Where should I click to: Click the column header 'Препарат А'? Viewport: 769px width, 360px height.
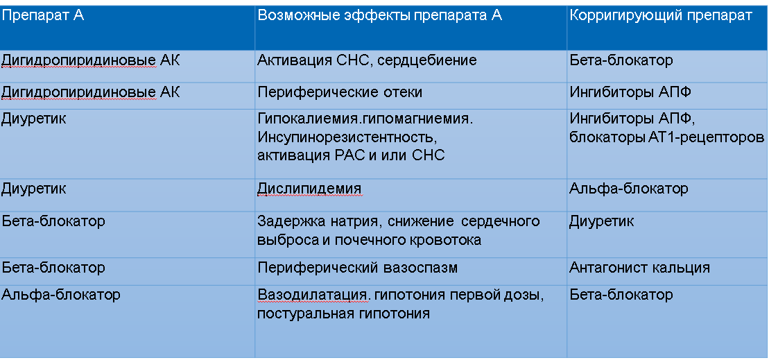(43, 15)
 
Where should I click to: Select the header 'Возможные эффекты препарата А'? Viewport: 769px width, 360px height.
(380, 16)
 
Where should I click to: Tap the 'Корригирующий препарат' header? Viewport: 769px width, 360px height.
(661, 16)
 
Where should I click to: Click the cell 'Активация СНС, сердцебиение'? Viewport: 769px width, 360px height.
(367, 61)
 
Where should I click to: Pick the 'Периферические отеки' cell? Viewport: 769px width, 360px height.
(339, 93)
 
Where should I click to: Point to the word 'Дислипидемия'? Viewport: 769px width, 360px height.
(309, 189)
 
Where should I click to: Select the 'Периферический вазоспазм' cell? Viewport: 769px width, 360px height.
(358, 268)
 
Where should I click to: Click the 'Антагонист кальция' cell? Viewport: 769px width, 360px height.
(639, 268)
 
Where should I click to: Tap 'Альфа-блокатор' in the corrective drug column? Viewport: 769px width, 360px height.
(629, 189)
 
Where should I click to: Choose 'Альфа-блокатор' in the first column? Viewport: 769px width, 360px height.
(61, 295)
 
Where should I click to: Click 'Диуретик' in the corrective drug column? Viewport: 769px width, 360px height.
(601, 222)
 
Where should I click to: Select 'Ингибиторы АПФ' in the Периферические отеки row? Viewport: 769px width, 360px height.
(630, 93)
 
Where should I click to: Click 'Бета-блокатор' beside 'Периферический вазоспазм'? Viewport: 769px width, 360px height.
(53, 268)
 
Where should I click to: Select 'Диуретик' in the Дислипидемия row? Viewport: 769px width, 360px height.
(34, 189)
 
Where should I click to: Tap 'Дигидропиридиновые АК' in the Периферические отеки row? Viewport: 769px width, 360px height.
(91, 93)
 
